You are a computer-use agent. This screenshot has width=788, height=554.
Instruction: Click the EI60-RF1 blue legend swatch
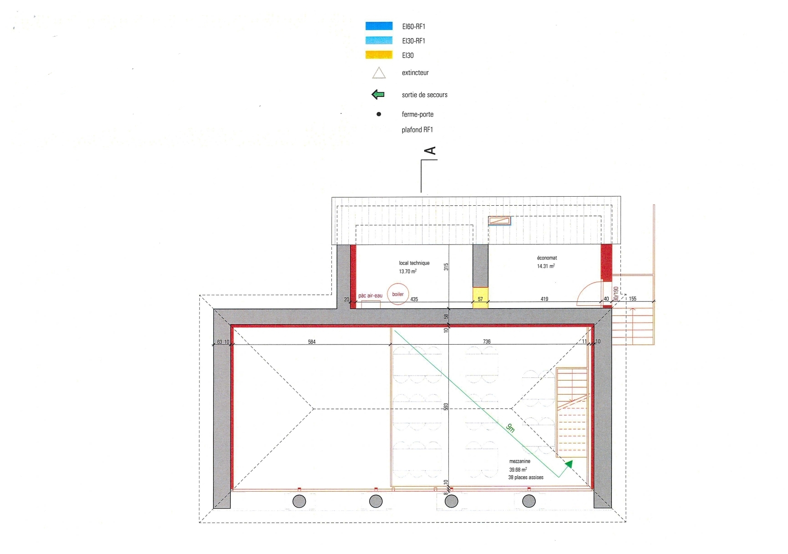(x=379, y=26)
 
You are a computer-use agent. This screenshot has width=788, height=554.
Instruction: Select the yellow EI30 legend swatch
(x=379, y=55)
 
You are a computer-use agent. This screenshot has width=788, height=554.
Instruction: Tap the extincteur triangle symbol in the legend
(x=379, y=73)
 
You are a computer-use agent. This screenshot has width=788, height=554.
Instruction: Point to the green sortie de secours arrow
(x=378, y=95)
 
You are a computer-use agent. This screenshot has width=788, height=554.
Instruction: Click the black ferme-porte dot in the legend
(x=379, y=114)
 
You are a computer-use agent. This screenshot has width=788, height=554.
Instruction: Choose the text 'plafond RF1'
(x=417, y=130)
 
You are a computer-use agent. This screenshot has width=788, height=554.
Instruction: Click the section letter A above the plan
(x=430, y=151)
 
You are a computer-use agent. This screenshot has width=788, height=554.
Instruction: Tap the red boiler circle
(x=398, y=294)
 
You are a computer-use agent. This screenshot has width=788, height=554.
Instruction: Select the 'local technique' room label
(x=414, y=263)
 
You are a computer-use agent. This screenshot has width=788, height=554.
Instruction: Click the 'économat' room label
(x=547, y=258)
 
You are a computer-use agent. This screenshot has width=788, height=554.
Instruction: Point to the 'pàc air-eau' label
(x=371, y=296)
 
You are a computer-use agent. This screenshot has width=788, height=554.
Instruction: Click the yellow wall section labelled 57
(x=480, y=298)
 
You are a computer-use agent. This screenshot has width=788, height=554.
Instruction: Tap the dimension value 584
(x=312, y=342)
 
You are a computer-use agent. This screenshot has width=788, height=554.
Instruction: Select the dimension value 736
(x=487, y=341)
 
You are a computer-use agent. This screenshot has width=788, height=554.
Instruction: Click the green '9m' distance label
(x=511, y=428)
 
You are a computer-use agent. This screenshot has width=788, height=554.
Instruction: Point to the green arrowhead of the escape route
(x=569, y=464)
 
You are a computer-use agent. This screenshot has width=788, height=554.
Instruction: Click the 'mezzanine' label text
(x=520, y=461)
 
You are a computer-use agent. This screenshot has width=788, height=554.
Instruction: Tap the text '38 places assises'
(x=526, y=478)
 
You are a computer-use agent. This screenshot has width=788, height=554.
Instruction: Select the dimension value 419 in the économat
(x=544, y=299)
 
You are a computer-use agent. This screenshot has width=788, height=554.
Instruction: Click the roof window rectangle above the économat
(x=499, y=221)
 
